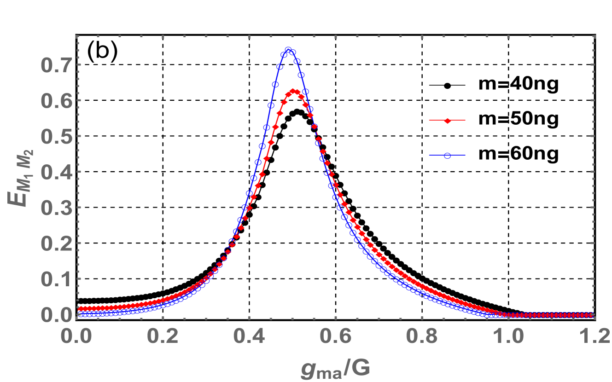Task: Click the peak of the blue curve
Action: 288,50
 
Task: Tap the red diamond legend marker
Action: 447,121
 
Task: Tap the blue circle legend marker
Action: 447,156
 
